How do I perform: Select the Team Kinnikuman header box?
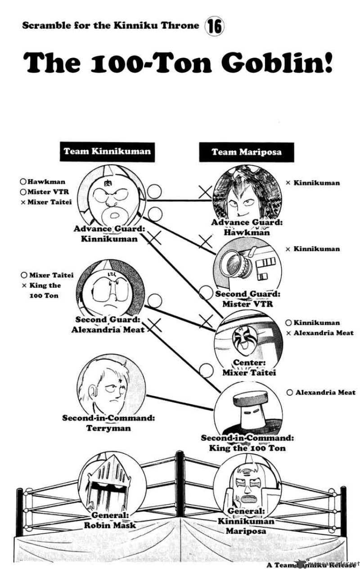coord(107,151)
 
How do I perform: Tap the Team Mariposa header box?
coord(247,152)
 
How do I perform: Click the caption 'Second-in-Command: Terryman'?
coord(108,423)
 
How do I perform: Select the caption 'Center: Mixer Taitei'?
coord(249,367)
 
